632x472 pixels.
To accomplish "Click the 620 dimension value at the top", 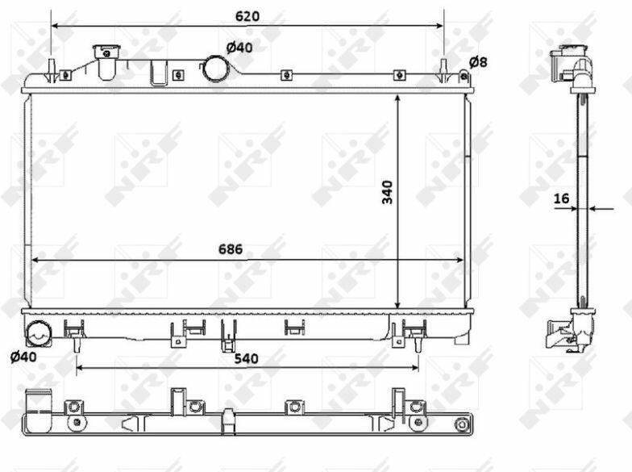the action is click(x=247, y=16).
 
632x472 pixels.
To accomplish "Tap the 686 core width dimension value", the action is click(x=231, y=249).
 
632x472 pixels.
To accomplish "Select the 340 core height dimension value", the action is click(x=387, y=192).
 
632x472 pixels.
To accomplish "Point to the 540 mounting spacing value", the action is click(x=246, y=358).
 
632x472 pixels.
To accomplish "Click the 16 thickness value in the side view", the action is click(x=561, y=198).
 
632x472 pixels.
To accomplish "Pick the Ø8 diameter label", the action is click(x=478, y=62).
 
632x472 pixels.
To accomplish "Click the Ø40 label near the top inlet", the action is click(x=239, y=48).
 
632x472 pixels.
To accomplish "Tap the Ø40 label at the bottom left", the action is click(x=23, y=357).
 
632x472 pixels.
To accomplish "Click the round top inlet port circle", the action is click(x=217, y=68).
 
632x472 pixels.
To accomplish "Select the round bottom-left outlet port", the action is click(x=39, y=334).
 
